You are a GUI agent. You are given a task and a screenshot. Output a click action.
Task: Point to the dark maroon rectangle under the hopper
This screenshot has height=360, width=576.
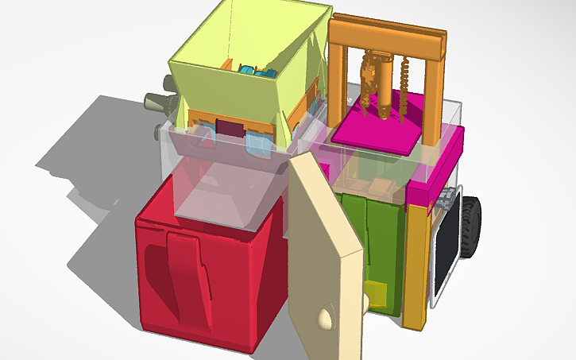[x=230, y=129]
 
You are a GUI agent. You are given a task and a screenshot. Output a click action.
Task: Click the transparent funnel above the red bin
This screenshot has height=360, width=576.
[x=226, y=191]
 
